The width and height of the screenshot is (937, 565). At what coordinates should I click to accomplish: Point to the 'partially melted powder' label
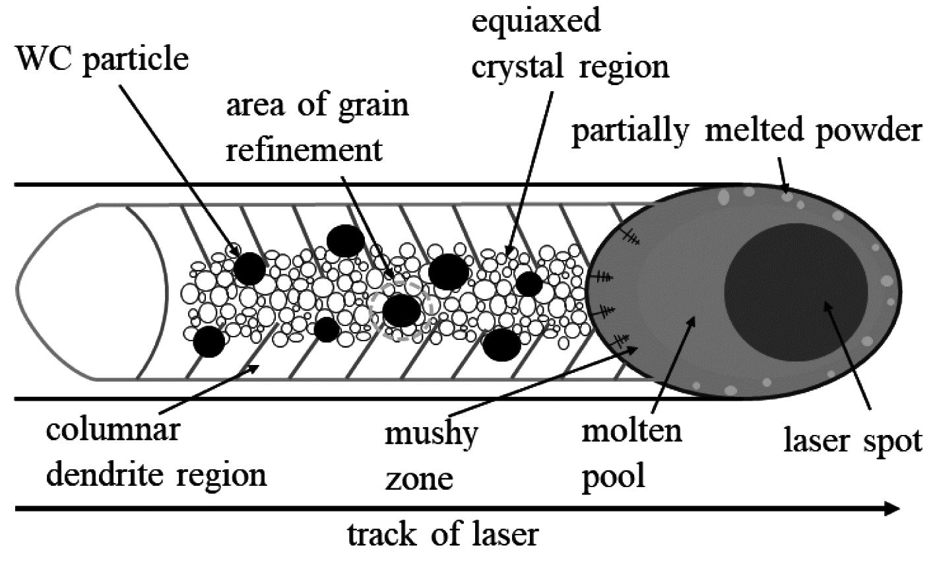746,131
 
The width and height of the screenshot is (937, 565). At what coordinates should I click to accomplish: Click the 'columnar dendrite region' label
156,452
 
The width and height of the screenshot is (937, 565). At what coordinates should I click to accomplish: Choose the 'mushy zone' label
431,455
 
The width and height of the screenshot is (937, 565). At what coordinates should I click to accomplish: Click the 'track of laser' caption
443,535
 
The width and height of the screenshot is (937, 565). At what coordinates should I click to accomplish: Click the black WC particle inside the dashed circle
401,310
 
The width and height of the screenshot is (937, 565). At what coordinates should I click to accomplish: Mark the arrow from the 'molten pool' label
673,362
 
